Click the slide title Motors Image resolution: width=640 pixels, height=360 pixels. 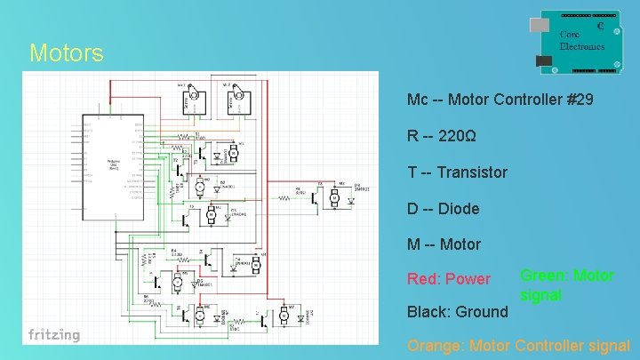pyautogui.click(x=66, y=53)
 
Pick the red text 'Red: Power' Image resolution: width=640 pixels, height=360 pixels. pyautogui.click(x=448, y=279)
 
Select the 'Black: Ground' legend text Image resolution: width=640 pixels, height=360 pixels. pyautogui.click(x=457, y=312)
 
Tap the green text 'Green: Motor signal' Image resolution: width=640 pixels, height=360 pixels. pyautogui.click(x=566, y=284)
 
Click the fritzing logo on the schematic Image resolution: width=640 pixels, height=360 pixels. pyautogui.click(x=53, y=335)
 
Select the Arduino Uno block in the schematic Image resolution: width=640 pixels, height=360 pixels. pyautogui.click(x=112, y=165)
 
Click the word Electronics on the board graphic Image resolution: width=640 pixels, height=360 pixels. pyautogui.click(x=582, y=46)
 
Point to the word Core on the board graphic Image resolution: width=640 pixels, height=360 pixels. pyautogui.click(x=570, y=35)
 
